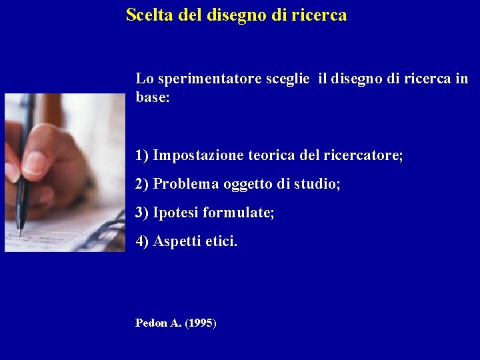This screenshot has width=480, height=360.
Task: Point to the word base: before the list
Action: (x=153, y=97)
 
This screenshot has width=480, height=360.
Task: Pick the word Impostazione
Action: (x=198, y=156)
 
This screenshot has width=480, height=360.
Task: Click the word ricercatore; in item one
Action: (x=363, y=156)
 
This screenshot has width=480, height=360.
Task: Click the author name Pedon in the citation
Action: (x=151, y=323)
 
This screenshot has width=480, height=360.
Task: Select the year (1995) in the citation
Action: (x=200, y=323)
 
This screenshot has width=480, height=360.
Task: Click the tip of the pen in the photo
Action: (x=20, y=233)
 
